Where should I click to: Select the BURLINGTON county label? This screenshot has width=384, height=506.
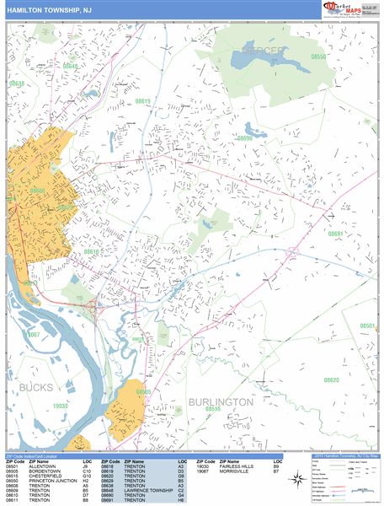coord(220,402)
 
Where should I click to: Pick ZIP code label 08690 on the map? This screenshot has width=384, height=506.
coord(244,137)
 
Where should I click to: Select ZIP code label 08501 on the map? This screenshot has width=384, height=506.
coord(366,326)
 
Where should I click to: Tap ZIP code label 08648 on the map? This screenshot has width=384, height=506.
coord(70,66)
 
